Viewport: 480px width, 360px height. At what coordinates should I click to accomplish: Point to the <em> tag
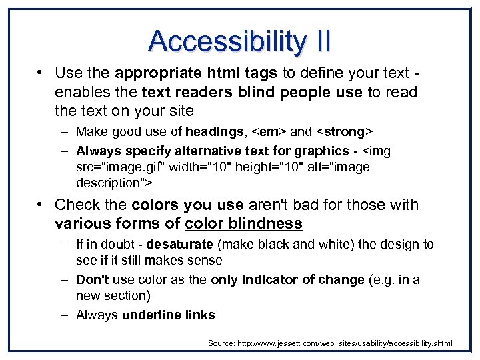(x=266, y=132)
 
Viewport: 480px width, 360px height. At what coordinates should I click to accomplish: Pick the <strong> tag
(x=341, y=132)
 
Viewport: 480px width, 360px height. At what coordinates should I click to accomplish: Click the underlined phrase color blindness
(x=243, y=223)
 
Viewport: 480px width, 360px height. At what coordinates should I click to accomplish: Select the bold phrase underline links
(x=169, y=315)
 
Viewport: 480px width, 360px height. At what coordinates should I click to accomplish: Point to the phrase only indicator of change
(x=287, y=280)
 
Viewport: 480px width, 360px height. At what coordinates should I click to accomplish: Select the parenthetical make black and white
(x=286, y=245)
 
